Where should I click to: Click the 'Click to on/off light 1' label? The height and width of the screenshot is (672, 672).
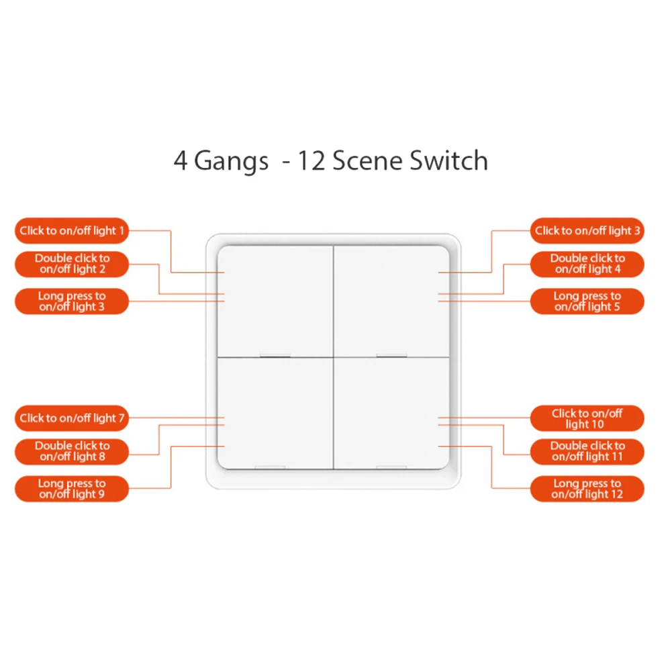72,231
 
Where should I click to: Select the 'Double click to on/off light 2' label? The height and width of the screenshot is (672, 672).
72,264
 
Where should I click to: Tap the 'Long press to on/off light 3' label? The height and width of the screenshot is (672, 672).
72,301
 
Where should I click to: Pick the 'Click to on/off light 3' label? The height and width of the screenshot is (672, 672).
587,231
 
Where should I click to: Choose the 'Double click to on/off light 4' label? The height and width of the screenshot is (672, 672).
587,264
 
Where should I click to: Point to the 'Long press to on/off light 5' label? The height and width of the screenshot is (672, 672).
587,301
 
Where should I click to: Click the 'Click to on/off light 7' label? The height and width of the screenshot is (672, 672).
72,418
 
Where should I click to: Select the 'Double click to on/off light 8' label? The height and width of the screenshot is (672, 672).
72,451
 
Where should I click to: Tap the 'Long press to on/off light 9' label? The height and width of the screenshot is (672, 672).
72,489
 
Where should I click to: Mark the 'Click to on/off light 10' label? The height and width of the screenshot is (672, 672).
587,418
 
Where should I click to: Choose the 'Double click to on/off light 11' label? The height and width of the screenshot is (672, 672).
587,451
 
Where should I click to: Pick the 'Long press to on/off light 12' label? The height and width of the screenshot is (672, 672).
587,489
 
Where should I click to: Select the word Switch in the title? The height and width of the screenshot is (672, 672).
446,162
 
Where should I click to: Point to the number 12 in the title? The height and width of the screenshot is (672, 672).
311,162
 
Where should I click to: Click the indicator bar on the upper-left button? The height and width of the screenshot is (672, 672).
274,355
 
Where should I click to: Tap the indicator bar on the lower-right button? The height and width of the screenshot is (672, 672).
391,467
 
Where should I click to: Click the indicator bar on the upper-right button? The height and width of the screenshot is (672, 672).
391,355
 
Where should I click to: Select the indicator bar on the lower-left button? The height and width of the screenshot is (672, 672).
271,467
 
